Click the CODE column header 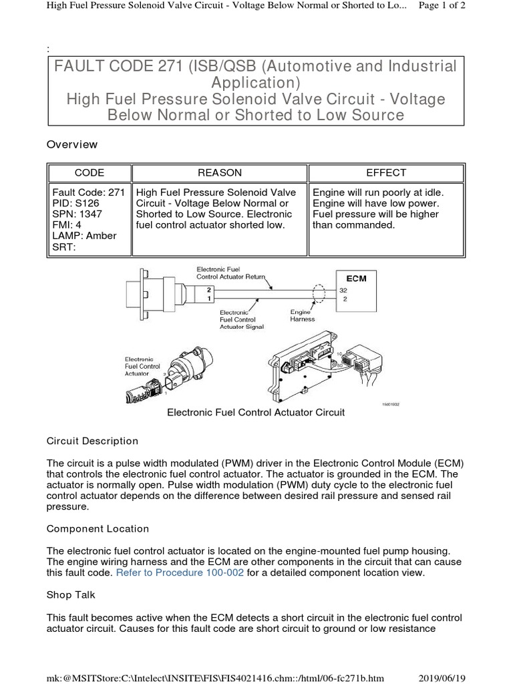[89, 172]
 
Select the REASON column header [220, 172]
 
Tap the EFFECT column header [386, 172]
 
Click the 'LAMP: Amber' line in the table [84, 236]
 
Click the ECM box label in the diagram [355, 278]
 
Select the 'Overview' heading [71, 144]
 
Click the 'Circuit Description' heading [92, 441]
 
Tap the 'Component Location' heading [98, 528]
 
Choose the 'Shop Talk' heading [71, 594]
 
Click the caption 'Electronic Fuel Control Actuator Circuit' [255, 413]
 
